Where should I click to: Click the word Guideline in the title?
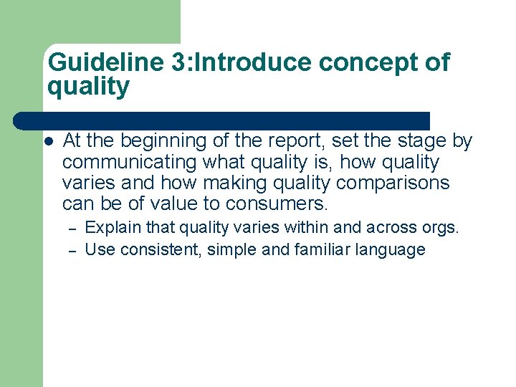coord(106,63)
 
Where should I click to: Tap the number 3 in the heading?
coord(180,63)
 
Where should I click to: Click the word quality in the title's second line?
coord(88,87)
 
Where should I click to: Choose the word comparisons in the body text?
coord(393,183)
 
